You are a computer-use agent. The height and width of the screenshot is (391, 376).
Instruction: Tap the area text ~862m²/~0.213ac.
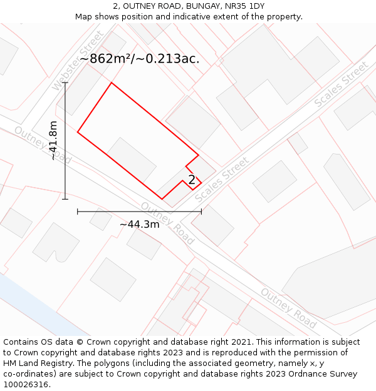tap(140, 59)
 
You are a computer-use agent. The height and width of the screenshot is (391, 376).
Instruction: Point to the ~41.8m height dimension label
tap(53, 141)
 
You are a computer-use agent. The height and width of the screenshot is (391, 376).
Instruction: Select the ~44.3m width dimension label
tap(139, 224)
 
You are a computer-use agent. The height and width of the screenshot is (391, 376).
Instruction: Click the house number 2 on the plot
tap(192, 180)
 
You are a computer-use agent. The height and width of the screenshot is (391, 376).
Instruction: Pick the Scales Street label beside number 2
tap(222, 179)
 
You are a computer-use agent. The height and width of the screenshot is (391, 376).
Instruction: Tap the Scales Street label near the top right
tap(341, 84)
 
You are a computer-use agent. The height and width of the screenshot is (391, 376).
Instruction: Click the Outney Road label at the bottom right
tap(288, 308)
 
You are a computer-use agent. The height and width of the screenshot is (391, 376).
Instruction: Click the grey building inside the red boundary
tap(132, 160)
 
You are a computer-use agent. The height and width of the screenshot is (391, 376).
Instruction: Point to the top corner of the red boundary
tap(112, 83)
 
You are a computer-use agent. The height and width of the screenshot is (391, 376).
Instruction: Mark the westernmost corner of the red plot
tap(78, 132)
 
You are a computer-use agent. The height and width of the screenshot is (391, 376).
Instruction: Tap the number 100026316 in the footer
tap(26, 385)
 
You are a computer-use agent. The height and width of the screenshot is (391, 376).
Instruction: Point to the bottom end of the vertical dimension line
tap(65, 199)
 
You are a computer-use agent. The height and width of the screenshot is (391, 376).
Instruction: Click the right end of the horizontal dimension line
tap(201, 211)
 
